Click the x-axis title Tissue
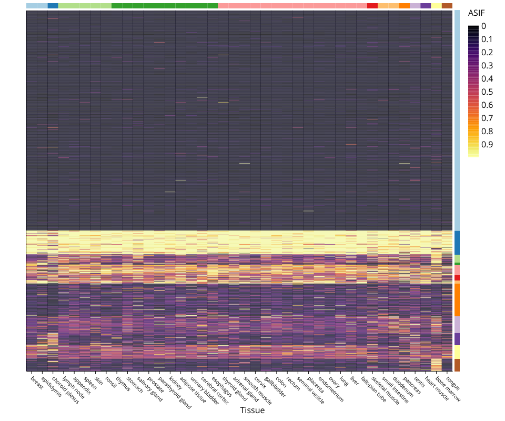pos(252,410)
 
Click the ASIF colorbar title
pos(476,14)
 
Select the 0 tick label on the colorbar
pos(483,26)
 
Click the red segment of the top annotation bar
pos(372,6)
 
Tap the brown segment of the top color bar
pos(447,6)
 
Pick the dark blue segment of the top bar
pos(53,6)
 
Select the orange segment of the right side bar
pos(457,300)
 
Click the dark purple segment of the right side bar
pos(457,339)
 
